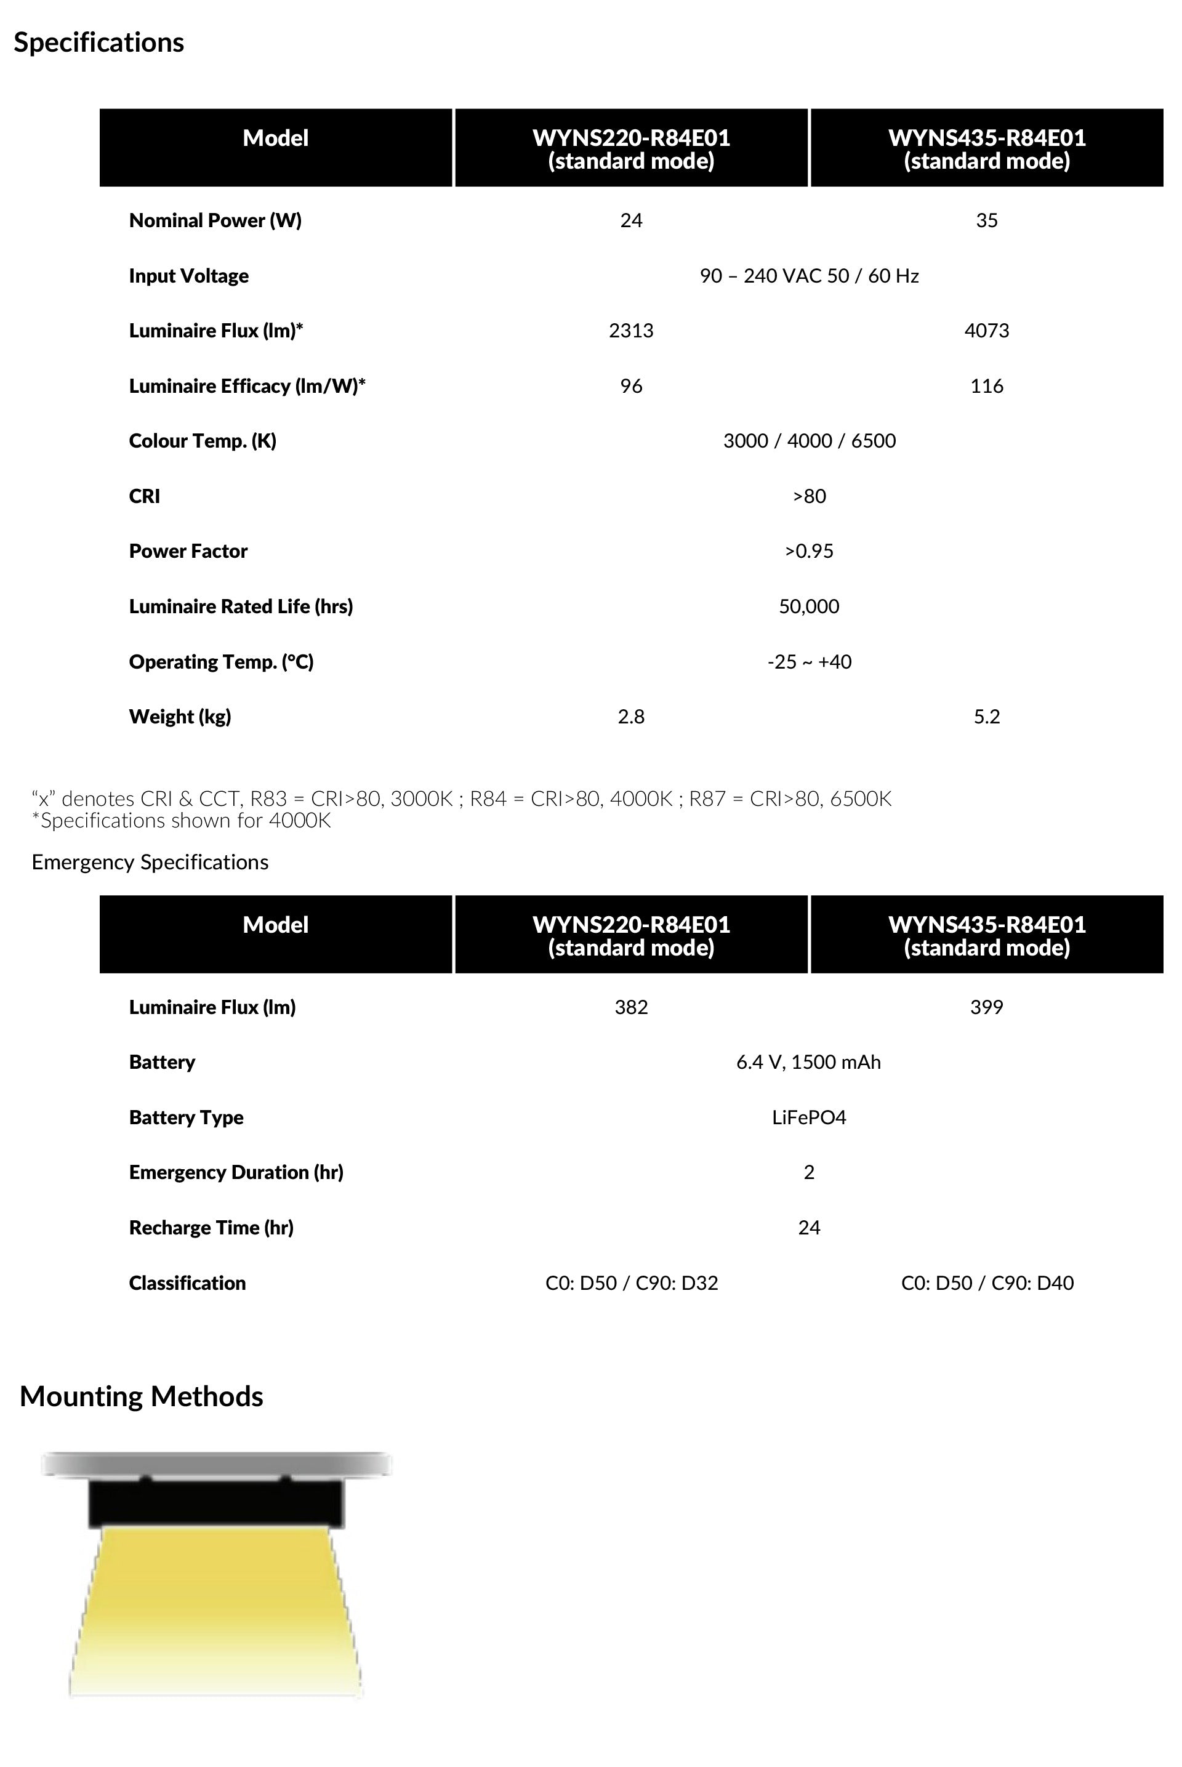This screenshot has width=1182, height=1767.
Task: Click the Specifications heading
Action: pos(98,43)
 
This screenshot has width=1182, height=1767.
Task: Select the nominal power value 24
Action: pos(631,220)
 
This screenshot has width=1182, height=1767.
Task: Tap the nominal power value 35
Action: pos(986,220)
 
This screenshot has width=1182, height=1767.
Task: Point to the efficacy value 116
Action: pos(986,386)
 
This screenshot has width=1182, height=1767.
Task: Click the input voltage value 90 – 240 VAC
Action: pos(809,276)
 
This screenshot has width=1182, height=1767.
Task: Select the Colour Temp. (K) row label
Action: pos(203,441)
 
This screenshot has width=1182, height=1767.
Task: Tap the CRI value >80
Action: pos(809,496)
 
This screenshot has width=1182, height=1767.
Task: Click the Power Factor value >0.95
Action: pos(809,551)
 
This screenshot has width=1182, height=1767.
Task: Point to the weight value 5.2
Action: pos(986,716)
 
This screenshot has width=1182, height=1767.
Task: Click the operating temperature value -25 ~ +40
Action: pos(809,662)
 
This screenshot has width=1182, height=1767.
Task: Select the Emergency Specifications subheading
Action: pos(150,863)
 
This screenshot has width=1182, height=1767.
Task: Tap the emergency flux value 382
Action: pos(631,1007)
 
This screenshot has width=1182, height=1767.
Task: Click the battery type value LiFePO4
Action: pos(809,1117)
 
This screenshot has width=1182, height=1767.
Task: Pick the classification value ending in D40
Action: pos(987,1283)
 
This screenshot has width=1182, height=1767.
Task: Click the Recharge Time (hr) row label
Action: pos(211,1228)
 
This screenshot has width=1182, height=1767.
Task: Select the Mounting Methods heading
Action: pos(142,1397)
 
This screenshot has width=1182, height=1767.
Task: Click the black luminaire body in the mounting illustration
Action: pos(216,1503)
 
